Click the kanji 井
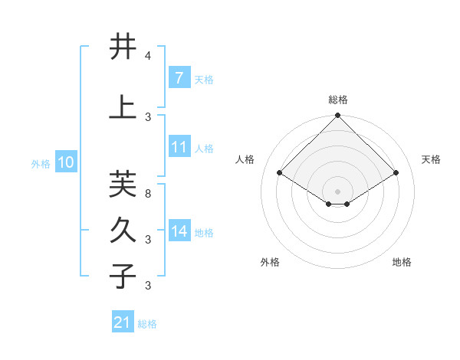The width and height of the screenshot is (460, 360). click(123, 47)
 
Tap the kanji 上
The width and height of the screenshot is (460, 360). click(123, 107)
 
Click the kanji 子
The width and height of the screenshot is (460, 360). click(123, 276)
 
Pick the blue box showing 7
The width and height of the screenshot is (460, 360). click(179, 77)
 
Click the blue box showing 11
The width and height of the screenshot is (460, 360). click(179, 147)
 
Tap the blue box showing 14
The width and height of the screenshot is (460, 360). click(179, 231)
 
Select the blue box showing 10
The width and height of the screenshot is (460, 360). click(66, 162)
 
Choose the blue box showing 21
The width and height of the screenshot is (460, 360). click(123, 322)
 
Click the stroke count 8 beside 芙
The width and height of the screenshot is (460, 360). click(148, 194)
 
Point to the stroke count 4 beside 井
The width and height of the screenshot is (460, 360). click(148, 57)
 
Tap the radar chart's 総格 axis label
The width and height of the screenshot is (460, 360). click(337, 100)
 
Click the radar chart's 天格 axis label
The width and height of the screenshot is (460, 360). click(431, 159)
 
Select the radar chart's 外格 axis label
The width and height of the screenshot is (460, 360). click(270, 262)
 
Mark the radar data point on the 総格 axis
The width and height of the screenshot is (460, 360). click(337, 116)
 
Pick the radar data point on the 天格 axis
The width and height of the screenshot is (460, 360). click(396, 173)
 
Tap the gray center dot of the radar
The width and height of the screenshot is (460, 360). click(337, 191)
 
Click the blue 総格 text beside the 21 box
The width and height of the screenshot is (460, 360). click(147, 324)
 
